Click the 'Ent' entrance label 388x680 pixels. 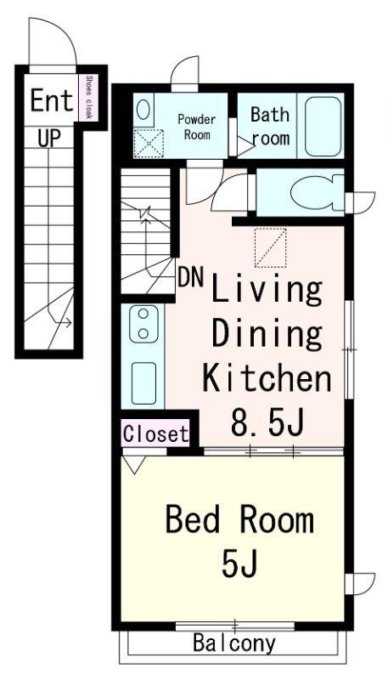[51, 100]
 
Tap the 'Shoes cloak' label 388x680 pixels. [89, 97]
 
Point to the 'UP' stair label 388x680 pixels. [49, 139]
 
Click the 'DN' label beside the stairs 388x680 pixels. [191, 278]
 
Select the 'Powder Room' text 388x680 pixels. [197, 127]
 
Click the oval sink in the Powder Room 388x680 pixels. [143, 110]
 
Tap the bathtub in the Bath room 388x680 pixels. [323, 126]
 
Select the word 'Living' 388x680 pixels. [267, 291]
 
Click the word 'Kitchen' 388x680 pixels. [267, 378]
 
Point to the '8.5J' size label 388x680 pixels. [267, 422]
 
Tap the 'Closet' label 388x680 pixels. [156, 433]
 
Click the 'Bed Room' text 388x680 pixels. [239, 520]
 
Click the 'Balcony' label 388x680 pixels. [233, 643]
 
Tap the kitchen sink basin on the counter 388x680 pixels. [143, 383]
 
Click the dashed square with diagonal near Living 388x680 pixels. [270, 247]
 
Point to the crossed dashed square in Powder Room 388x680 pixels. [149, 143]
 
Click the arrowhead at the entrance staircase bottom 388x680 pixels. [68, 322]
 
